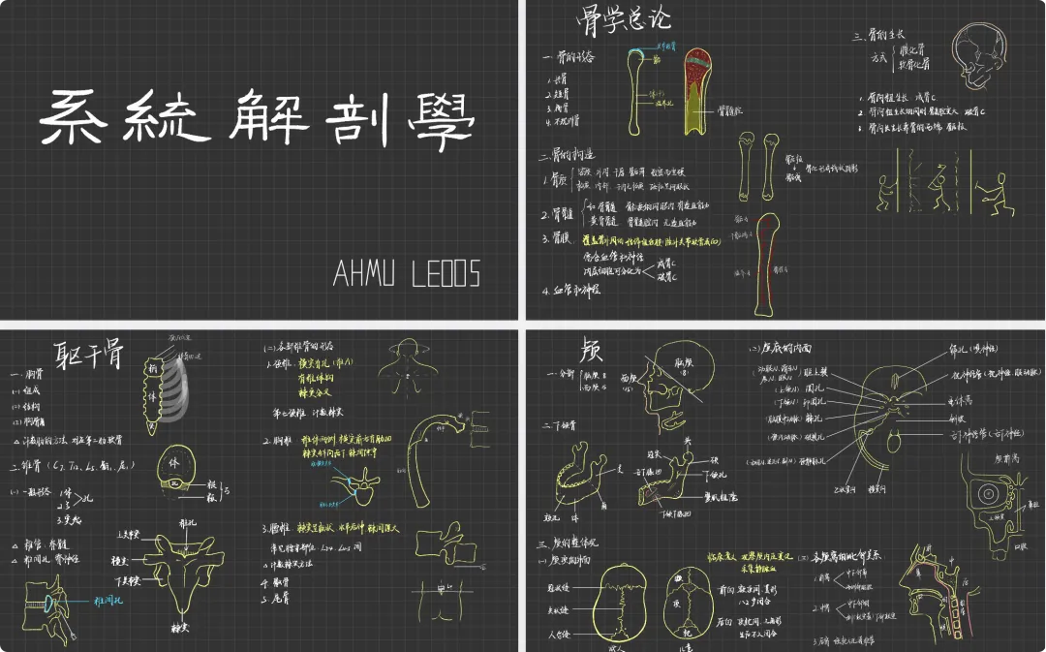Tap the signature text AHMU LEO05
click(x=406, y=274)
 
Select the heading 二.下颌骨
click(x=562, y=425)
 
